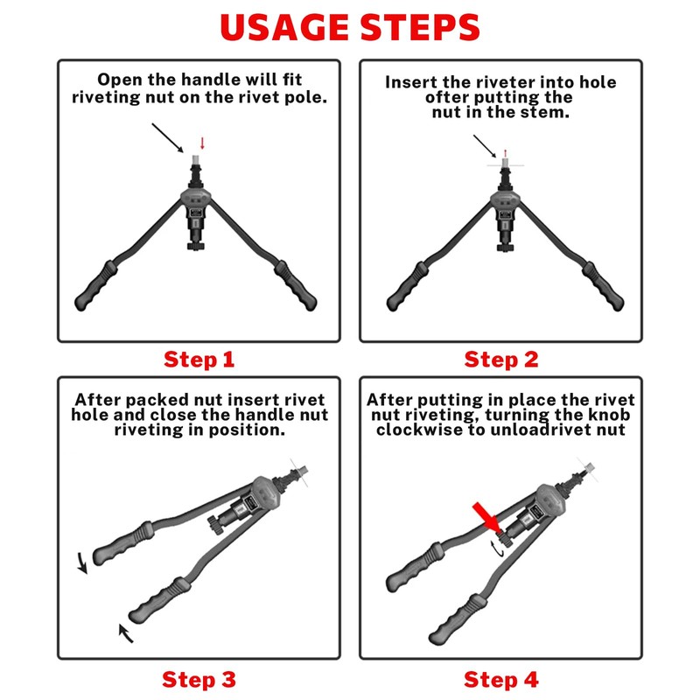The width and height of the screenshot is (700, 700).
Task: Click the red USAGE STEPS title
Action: (x=349, y=28)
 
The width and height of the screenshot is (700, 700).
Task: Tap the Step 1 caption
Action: (x=199, y=360)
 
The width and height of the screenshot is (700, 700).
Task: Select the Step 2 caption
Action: (x=500, y=360)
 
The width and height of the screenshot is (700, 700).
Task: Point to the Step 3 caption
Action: (x=199, y=680)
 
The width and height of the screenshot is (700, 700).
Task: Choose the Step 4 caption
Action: (x=500, y=680)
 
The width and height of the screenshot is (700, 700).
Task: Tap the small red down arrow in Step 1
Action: (x=202, y=143)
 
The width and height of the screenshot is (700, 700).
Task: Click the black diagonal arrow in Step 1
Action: (x=168, y=138)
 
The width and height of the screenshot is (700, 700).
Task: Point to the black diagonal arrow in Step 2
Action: (x=485, y=146)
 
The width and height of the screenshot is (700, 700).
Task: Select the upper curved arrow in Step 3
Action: (x=81, y=563)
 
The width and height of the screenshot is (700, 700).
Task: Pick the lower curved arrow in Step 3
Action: (x=125, y=633)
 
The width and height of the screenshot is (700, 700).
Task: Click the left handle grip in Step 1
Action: (x=96, y=285)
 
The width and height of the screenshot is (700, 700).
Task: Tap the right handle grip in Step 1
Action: (x=295, y=285)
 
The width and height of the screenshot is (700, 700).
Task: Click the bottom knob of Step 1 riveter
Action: (x=195, y=246)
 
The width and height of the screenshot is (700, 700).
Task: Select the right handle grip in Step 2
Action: (x=603, y=286)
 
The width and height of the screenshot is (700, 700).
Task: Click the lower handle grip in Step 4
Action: (x=457, y=619)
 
